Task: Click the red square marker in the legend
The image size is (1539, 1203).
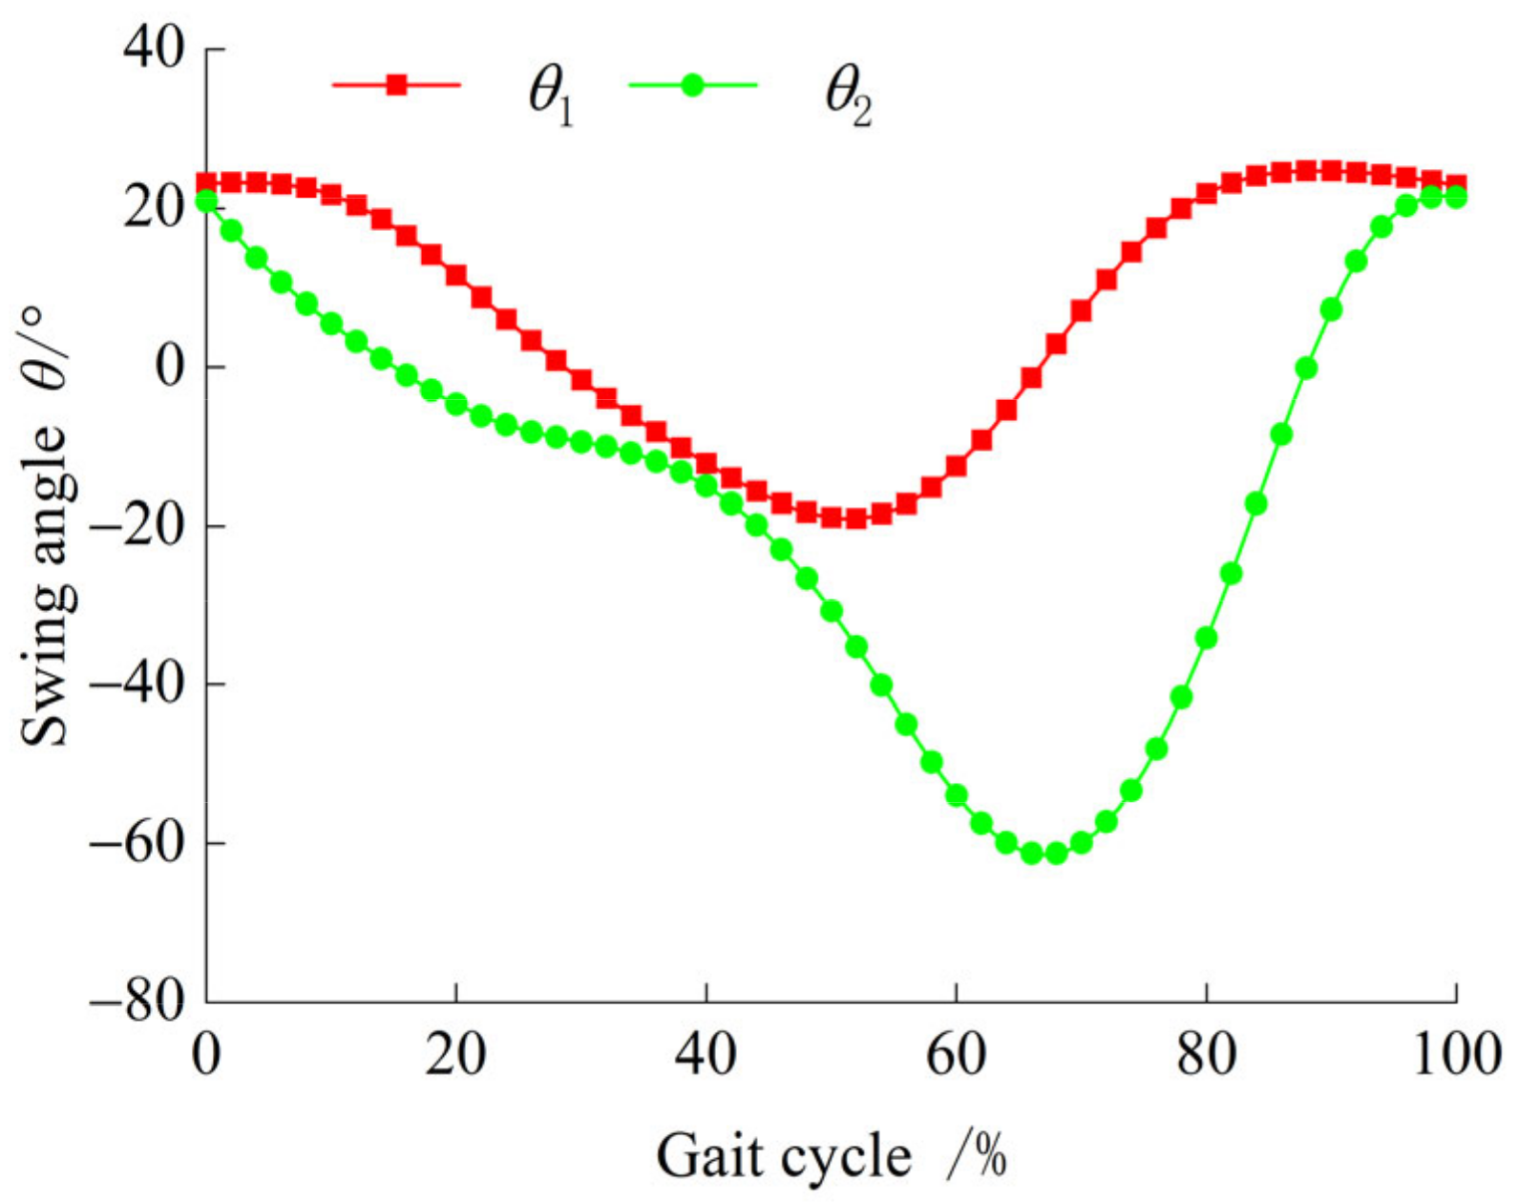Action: pos(397,85)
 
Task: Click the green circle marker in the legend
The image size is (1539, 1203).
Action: pos(693,85)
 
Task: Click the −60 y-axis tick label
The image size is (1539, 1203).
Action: pos(137,842)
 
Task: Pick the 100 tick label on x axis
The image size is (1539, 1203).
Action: pos(1455,1054)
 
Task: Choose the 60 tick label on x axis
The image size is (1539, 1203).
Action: pos(956,1054)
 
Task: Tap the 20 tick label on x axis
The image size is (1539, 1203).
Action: pos(456,1054)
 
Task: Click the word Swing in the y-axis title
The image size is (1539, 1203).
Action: pos(46,683)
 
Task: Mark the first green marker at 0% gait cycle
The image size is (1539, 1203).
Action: pos(206,200)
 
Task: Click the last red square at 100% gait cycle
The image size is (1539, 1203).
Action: pos(1455,184)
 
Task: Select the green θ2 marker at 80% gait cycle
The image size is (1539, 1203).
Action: pos(1206,637)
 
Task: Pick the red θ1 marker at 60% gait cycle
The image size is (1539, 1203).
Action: pos(956,466)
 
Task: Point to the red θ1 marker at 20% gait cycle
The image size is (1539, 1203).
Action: pos(456,275)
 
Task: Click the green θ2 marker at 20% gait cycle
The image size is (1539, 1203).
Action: pos(456,404)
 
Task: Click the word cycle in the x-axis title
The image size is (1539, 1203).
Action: pos(846,1157)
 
